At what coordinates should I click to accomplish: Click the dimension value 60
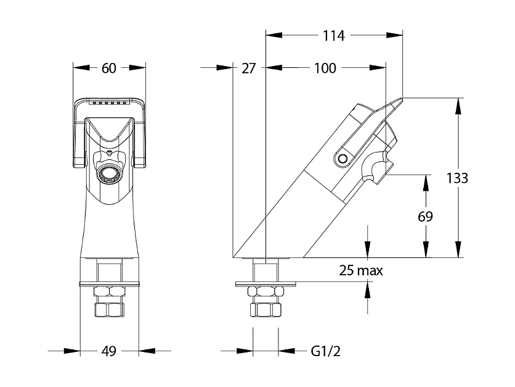tap(109, 69)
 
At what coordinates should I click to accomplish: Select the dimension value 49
tap(109, 351)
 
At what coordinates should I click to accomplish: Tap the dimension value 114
tap(333, 36)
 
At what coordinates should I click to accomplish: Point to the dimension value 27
tap(248, 69)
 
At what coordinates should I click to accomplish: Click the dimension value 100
tap(325, 69)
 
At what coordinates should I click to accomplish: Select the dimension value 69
tap(425, 217)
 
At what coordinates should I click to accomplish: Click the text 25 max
tap(361, 270)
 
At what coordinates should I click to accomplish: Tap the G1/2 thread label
tap(325, 351)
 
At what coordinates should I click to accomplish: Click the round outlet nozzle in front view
tap(109, 174)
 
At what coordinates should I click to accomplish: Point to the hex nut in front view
tap(109, 293)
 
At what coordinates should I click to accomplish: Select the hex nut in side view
tap(266, 293)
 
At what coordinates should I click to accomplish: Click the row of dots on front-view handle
tap(109, 102)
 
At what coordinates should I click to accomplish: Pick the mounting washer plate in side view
tap(266, 284)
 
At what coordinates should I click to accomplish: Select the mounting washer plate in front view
tap(109, 284)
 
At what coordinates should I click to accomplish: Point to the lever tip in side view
tap(399, 99)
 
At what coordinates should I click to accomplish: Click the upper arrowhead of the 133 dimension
tap(458, 104)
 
